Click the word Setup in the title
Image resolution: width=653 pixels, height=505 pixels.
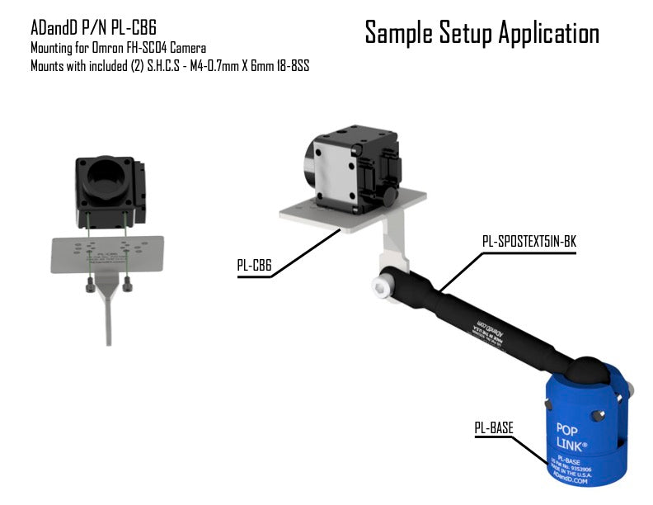click(x=463, y=34)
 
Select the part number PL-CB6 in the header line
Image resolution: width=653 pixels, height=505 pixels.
click(x=130, y=27)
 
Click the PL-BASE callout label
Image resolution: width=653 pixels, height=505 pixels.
click(x=494, y=427)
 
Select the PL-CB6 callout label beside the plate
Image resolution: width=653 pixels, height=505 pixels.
click(x=254, y=266)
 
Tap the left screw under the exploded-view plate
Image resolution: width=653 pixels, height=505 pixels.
click(x=89, y=284)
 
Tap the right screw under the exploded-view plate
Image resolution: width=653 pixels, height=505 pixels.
click(x=127, y=284)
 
